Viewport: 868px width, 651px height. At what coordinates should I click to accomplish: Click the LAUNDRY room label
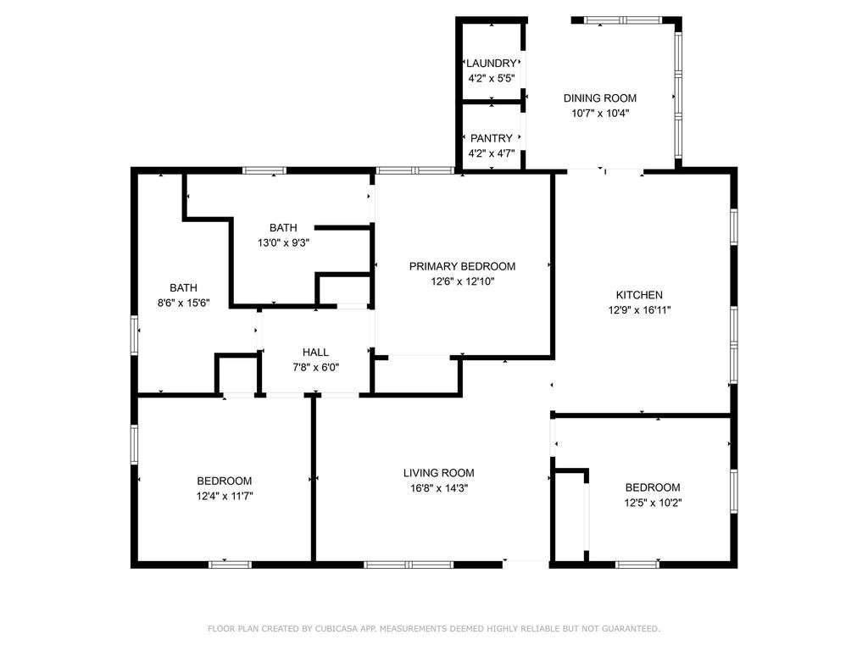coord(492,63)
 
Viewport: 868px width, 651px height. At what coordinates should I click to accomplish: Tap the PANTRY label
coord(492,138)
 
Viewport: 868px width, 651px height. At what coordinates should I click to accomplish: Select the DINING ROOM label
coord(600,98)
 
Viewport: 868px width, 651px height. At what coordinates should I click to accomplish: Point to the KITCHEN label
coord(639,295)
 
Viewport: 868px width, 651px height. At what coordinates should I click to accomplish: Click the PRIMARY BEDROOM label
coord(462,266)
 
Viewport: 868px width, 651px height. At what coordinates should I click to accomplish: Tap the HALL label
coord(315,352)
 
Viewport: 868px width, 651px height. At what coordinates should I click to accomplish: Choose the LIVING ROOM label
coord(438,473)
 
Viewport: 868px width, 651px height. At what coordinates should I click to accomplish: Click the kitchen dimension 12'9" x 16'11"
coord(639,310)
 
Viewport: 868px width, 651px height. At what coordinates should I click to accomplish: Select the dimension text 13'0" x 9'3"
coord(283,242)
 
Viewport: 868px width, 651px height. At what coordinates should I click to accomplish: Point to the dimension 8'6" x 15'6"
coord(184,303)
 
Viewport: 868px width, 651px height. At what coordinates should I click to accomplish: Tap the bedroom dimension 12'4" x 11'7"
coord(225,496)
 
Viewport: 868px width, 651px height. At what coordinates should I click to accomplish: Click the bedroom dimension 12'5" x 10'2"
coord(654,503)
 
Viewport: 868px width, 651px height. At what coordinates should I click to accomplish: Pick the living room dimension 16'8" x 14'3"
coord(438,488)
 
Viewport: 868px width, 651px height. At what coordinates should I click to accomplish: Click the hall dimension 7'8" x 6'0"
coord(315,367)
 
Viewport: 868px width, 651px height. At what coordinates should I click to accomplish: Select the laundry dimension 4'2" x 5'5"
coord(492,78)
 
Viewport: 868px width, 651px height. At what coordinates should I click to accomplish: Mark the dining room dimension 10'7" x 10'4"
coord(600,114)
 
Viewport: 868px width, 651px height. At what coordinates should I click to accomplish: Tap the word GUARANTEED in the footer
coord(630,628)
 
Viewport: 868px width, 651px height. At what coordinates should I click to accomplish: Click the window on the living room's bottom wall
coord(409,565)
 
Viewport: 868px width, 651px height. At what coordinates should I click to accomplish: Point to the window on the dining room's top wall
coord(623,20)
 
